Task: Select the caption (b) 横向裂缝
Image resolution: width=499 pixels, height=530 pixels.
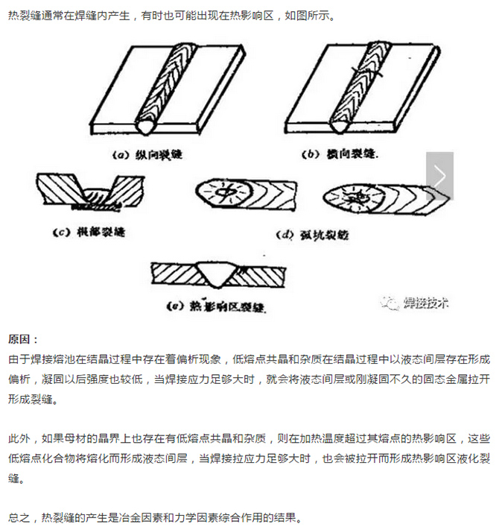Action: pos(339,155)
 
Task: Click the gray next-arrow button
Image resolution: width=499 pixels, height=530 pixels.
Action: pos(439,177)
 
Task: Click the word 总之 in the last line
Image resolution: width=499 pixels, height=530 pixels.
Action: pos(19,517)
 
